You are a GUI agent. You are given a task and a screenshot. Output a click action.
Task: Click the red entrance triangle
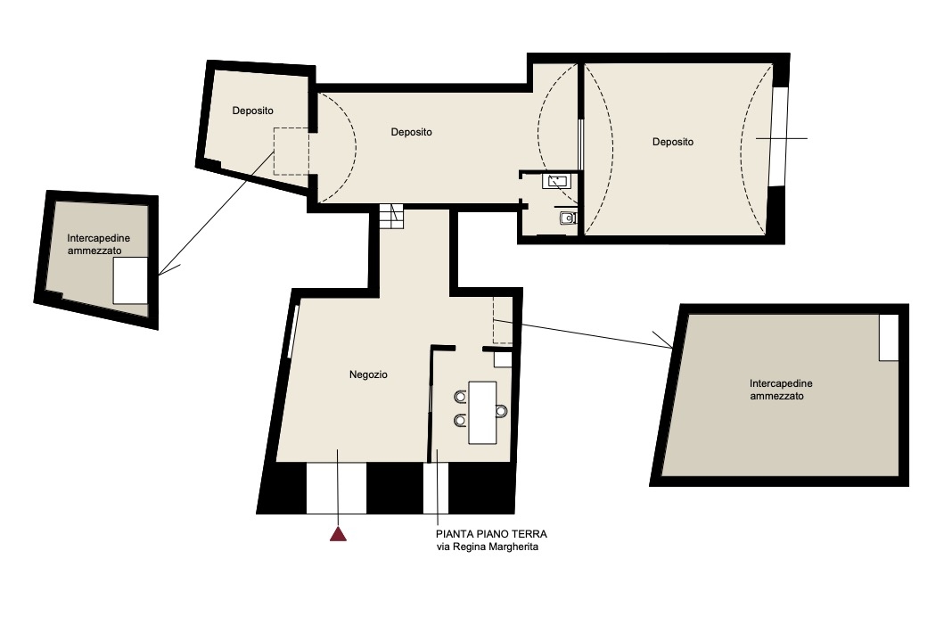click(338, 534)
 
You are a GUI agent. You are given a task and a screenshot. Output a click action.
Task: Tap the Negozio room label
click(368, 374)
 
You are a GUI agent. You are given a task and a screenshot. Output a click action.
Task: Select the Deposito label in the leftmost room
click(252, 111)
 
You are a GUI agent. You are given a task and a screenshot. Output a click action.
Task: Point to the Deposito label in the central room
click(411, 132)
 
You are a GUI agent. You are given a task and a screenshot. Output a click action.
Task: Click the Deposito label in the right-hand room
click(673, 142)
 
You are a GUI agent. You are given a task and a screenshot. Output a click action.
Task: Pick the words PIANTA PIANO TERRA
click(491, 534)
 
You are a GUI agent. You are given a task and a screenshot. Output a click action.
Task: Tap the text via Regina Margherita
click(488, 547)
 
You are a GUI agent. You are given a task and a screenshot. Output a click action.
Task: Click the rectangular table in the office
click(482, 413)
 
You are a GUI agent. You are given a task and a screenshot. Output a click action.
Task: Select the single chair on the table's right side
click(501, 411)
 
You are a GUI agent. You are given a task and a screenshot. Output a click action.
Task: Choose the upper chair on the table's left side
click(461, 397)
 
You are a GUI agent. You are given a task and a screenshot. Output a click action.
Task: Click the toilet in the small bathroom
click(568, 217)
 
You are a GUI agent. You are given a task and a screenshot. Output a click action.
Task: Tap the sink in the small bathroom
click(557, 181)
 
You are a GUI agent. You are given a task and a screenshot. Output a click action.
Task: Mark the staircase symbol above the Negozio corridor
click(391, 217)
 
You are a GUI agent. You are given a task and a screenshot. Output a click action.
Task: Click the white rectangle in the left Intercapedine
click(130, 281)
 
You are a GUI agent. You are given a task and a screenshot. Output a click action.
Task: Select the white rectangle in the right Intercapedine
click(889, 338)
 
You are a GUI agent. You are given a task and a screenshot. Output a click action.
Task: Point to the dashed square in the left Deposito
click(291, 152)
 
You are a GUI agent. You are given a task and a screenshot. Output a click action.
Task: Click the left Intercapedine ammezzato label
click(98, 244)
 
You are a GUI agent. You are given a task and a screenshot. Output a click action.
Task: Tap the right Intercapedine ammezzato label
click(781, 390)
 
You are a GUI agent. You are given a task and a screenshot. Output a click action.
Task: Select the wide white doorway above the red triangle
click(336, 489)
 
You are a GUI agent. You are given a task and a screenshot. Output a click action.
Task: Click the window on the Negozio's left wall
click(293, 332)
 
